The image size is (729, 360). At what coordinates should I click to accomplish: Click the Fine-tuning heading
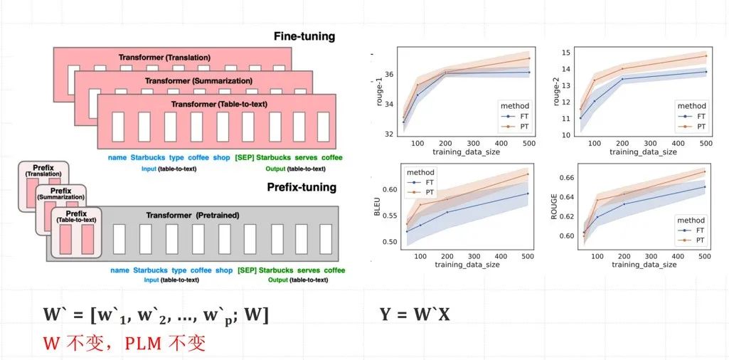(x=304, y=36)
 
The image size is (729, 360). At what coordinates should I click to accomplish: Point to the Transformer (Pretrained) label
(x=193, y=215)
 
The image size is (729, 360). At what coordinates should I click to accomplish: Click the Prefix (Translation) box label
(x=43, y=171)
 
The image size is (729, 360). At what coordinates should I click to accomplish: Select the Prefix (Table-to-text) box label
(x=76, y=216)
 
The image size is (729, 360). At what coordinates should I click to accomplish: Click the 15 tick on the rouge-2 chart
(x=567, y=52)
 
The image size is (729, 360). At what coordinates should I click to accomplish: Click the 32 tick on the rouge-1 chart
(x=388, y=134)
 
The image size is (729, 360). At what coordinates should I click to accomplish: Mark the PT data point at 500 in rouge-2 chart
(x=706, y=55)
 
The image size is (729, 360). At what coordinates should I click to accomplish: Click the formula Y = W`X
(x=415, y=314)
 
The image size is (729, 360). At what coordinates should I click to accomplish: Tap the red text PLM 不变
(x=165, y=344)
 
